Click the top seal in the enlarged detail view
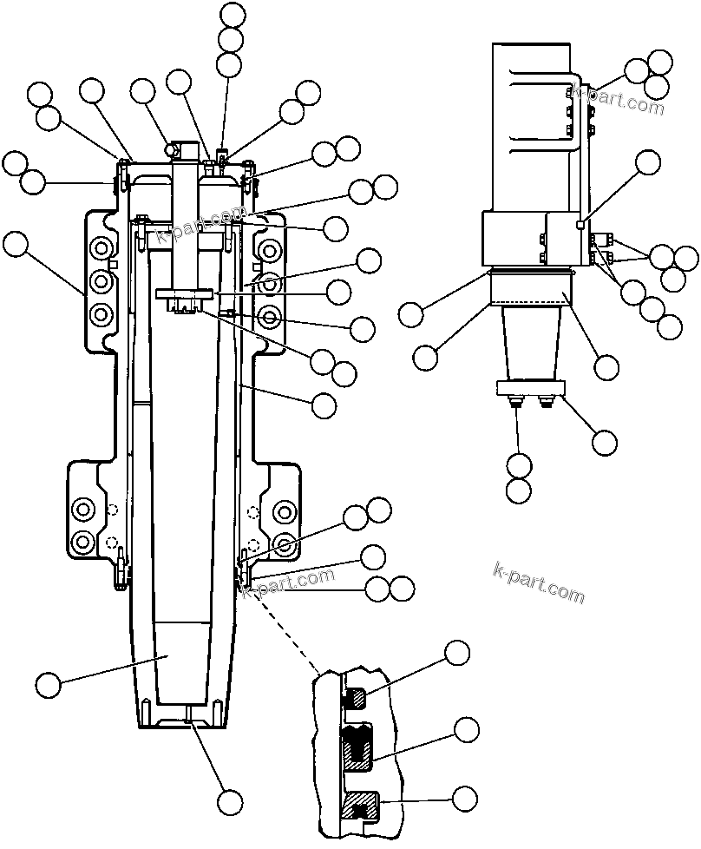point(356,695)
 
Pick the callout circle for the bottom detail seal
point(466,798)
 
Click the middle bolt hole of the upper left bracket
point(102,282)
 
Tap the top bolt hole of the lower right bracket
point(283,510)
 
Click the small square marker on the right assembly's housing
point(580,226)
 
